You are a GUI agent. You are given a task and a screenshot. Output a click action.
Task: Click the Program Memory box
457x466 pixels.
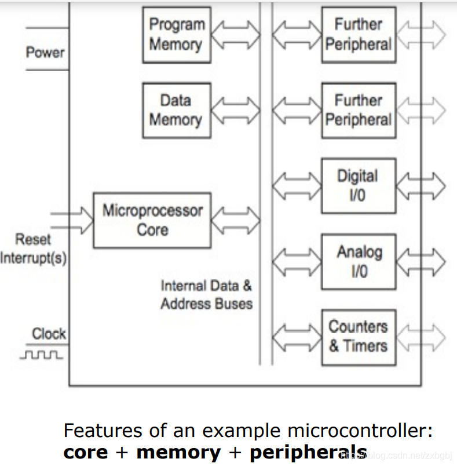(x=177, y=35)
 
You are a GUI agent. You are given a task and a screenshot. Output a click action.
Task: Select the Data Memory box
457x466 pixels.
(x=177, y=110)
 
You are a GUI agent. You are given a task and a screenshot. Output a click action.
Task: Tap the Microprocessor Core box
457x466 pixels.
(x=152, y=220)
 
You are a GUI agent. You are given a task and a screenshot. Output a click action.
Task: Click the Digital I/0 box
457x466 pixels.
(x=359, y=185)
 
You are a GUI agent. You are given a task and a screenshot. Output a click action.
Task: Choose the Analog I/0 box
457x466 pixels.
(x=359, y=261)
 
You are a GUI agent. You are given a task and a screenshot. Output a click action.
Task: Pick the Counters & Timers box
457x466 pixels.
(x=359, y=337)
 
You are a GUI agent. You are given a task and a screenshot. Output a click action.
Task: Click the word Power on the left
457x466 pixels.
(x=45, y=52)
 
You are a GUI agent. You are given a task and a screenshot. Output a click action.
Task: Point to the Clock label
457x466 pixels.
(x=49, y=334)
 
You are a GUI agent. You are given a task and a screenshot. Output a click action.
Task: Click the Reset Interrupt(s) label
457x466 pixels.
(x=33, y=249)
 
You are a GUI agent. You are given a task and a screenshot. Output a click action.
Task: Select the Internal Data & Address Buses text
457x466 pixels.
(x=207, y=294)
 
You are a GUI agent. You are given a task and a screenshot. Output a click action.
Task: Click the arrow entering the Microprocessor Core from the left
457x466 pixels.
(x=72, y=220)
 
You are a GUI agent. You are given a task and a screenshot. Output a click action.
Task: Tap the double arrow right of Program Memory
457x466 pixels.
(x=236, y=35)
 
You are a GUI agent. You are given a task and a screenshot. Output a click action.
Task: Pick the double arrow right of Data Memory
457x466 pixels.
(x=236, y=110)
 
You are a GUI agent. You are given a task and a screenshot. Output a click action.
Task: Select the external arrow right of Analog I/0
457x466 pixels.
(x=421, y=261)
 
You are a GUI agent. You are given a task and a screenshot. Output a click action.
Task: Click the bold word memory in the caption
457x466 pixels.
(x=178, y=452)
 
